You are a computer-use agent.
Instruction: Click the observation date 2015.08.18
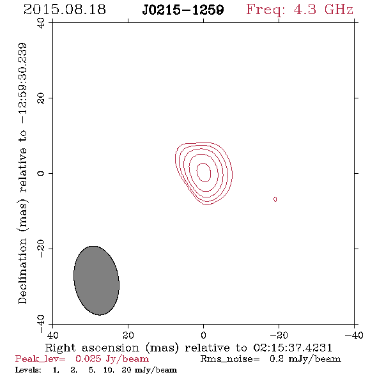(65, 10)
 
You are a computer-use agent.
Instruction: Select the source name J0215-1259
(183, 10)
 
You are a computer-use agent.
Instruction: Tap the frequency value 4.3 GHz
(323, 10)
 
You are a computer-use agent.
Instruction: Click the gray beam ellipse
(96, 281)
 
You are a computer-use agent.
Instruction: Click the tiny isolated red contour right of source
(275, 199)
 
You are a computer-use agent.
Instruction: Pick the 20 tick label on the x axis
(128, 335)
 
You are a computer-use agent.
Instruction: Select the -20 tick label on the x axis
(279, 335)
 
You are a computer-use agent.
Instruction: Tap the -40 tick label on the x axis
(354, 335)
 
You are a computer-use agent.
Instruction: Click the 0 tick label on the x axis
(203, 335)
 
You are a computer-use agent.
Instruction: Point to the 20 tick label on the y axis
(41, 98)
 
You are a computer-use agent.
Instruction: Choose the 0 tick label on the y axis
(41, 173)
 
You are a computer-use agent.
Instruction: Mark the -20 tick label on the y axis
(41, 249)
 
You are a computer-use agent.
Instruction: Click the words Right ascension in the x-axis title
(92, 348)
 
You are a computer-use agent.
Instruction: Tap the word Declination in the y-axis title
(22, 271)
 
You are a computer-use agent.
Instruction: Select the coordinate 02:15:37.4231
(293, 348)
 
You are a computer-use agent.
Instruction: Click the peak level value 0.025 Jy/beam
(112, 359)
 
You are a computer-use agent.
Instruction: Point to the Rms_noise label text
(230, 359)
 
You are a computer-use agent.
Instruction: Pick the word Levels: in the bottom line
(28, 370)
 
